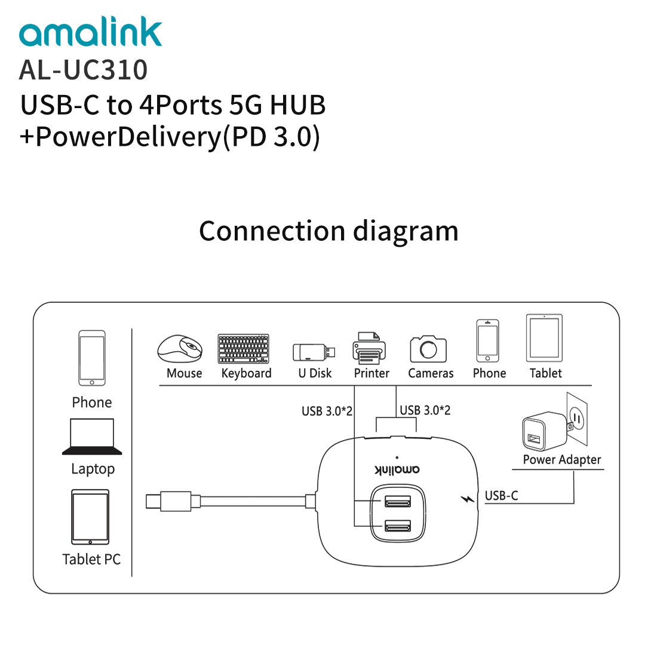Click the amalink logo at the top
(x=91, y=34)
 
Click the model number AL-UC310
(x=83, y=69)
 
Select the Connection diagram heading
(x=328, y=231)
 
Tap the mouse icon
(x=180, y=348)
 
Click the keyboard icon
(x=244, y=349)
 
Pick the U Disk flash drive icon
(x=314, y=352)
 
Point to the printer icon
(x=369, y=348)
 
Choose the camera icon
(x=428, y=348)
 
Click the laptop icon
(x=92, y=437)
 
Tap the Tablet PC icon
(x=90, y=517)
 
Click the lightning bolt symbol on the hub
(x=468, y=498)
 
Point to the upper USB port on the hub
(x=398, y=501)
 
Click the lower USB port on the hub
(x=398, y=526)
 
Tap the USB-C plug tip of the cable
(x=153, y=501)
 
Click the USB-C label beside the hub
(x=501, y=496)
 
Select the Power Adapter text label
(x=561, y=459)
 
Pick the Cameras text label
(x=431, y=373)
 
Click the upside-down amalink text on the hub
(x=397, y=469)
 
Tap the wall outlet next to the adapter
(x=577, y=418)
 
